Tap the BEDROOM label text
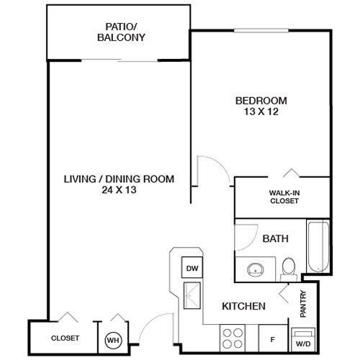click(x=261, y=100)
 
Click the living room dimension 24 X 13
click(x=120, y=191)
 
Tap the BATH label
click(x=275, y=238)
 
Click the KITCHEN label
click(x=244, y=306)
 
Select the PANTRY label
click(x=302, y=303)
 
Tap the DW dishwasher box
click(x=192, y=269)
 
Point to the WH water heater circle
click(x=113, y=338)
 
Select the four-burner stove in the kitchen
click(x=234, y=337)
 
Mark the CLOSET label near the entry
click(x=65, y=338)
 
